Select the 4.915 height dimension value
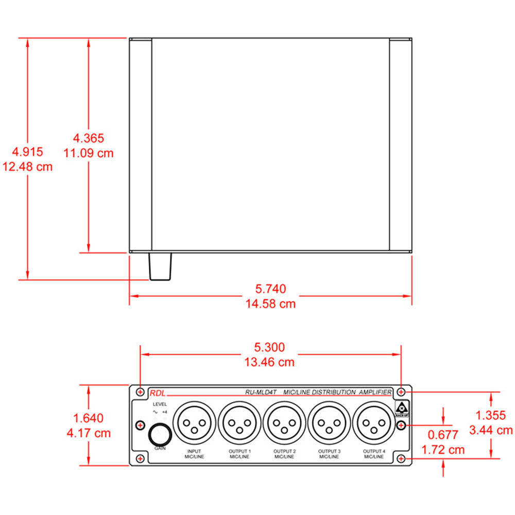click(x=28, y=152)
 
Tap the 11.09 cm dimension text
click(x=88, y=153)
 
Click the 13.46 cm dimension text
click(x=270, y=362)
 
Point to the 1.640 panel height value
click(x=88, y=418)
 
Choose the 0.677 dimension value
click(x=442, y=435)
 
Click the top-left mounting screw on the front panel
click(x=140, y=391)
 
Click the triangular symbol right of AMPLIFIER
click(x=401, y=405)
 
